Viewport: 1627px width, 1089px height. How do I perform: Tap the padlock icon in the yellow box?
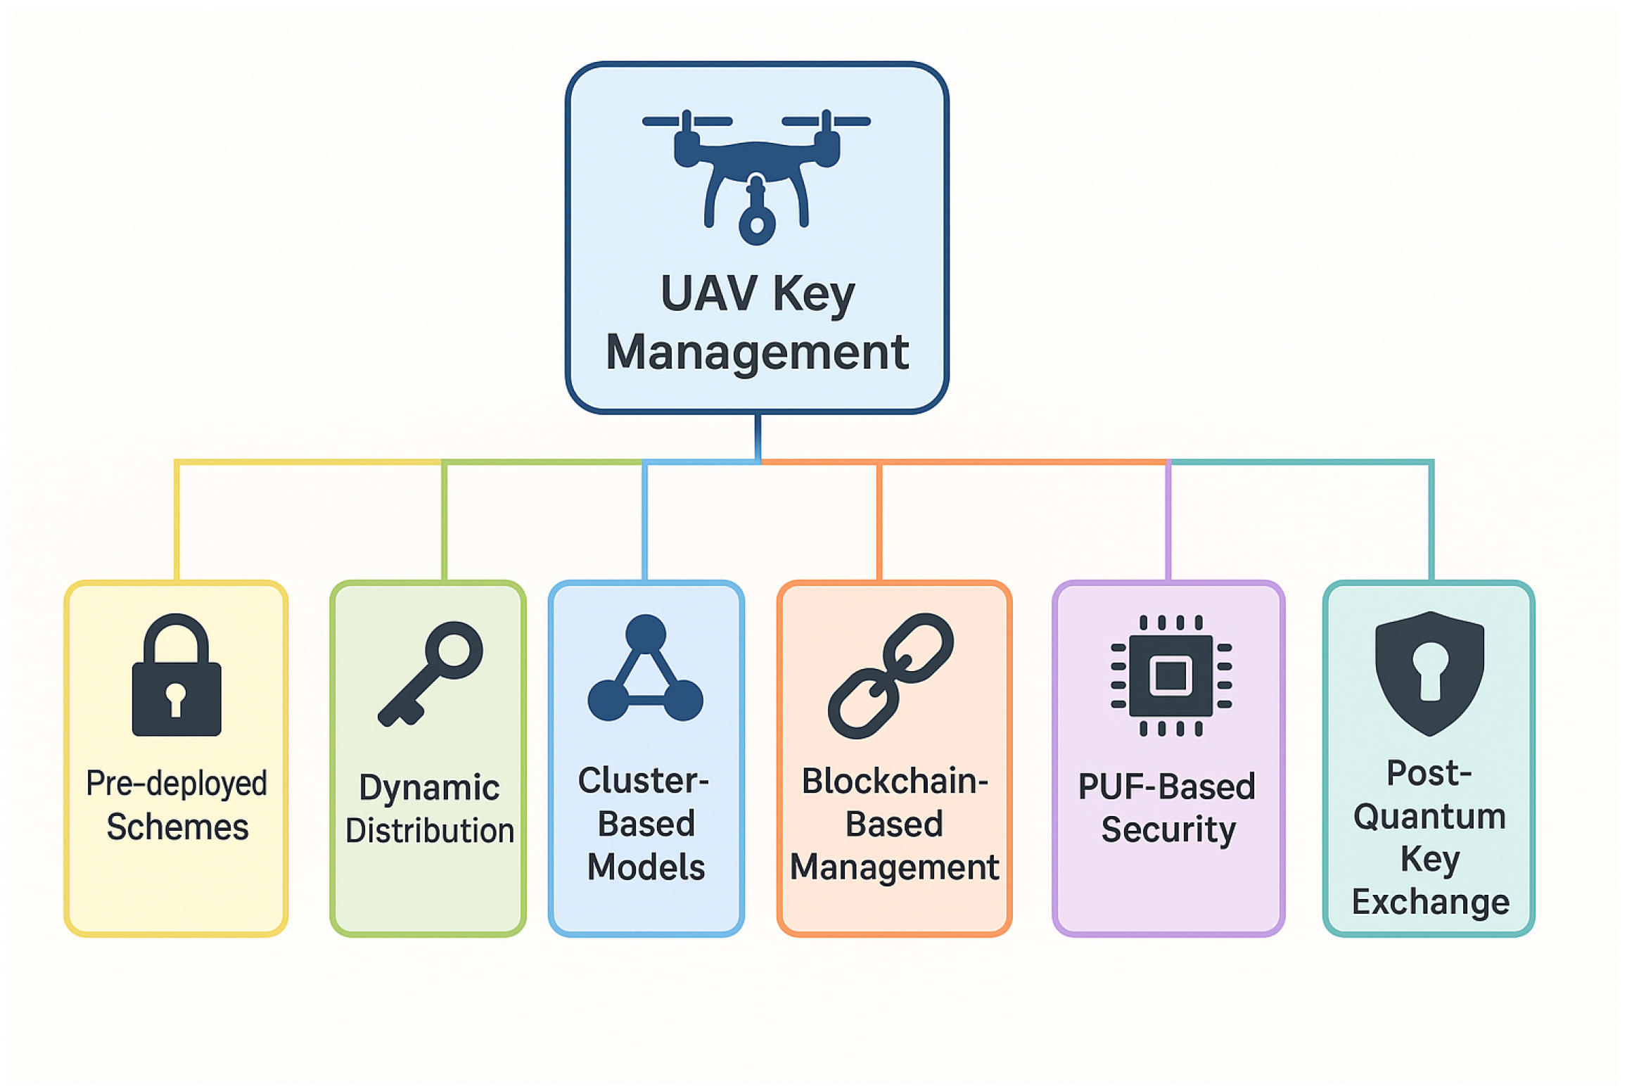tap(177, 679)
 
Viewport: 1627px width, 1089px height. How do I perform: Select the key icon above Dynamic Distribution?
tap(430, 674)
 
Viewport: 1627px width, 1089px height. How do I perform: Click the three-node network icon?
tap(645, 670)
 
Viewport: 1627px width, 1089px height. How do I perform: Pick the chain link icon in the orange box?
tap(891, 675)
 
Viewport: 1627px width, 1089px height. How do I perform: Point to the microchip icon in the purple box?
tap(1170, 675)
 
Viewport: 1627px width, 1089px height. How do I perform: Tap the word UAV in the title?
tap(709, 293)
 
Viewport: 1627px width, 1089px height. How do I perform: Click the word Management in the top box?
tap(757, 352)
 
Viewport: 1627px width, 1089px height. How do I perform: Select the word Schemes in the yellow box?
tap(177, 827)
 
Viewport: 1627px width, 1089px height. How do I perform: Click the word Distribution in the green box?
tap(430, 831)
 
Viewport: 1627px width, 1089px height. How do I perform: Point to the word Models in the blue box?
tap(646, 867)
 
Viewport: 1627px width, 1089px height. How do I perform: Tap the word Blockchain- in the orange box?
tap(895, 782)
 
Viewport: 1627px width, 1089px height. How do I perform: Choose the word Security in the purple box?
tap(1168, 830)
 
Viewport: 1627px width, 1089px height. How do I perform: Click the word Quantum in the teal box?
tap(1429, 817)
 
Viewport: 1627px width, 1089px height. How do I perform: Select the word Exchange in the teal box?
tap(1430, 902)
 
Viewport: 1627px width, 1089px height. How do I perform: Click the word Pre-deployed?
tap(177, 784)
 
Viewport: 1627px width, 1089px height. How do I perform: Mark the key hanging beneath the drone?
tap(756, 215)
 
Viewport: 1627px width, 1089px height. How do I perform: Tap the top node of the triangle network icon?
tap(645, 634)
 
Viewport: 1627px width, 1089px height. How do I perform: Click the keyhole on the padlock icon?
tap(176, 699)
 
